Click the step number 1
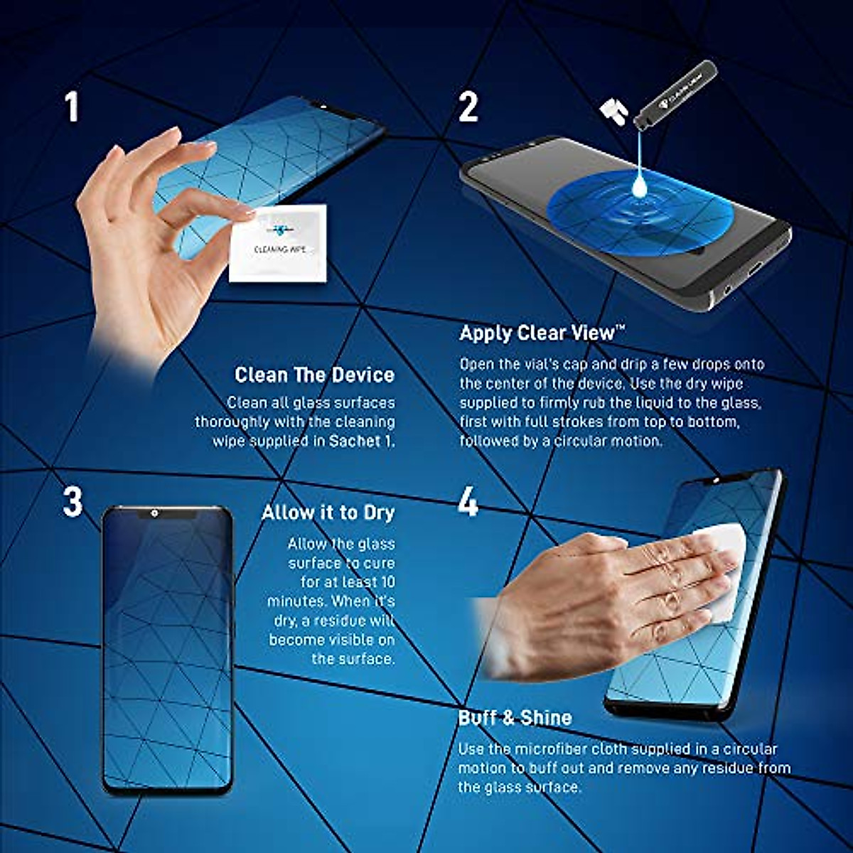pyautogui.click(x=72, y=107)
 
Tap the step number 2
pyautogui.click(x=468, y=107)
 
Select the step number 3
pyautogui.click(x=73, y=502)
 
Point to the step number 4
pyautogui.click(x=468, y=503)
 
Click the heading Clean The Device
pyautogui.click(x=314, y=375)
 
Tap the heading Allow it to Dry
pyautogui.click(x=328, y=513)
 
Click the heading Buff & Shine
pyautogui.click(x=515, y=717)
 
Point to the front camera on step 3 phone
pyautogui.click(x=154, y=513)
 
